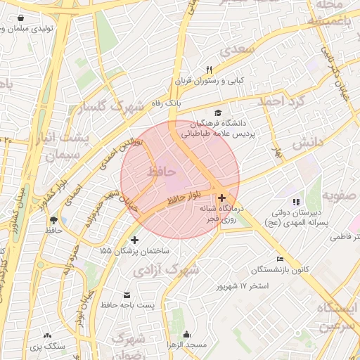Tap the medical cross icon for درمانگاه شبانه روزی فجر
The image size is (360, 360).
(x=222, y=198)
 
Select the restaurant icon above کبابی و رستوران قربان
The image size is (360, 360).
(x=209, y=70)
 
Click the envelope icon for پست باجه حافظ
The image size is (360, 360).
(x=127, y=295)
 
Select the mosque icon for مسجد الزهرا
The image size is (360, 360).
(x=186, y=335)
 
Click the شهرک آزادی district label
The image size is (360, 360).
(x=167, y=269)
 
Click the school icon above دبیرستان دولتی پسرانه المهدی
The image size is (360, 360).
(x=295, y=202)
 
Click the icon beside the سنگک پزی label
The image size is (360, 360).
(x=47, y=336)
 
